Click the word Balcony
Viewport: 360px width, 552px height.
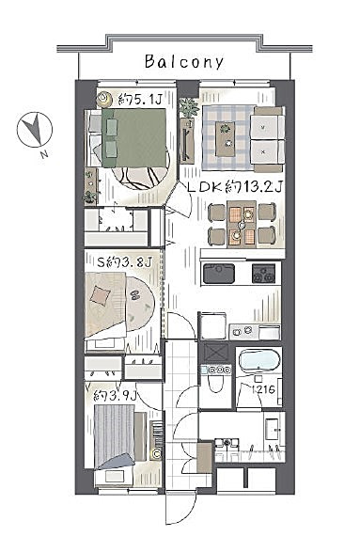[x=184, y=62]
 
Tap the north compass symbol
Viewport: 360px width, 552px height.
[x=35, y=131]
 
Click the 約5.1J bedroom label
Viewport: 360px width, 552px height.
[x=140, y=100]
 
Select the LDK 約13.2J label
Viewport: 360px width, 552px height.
[x=235, y=187]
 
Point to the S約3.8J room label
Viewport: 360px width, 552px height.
[x=124, y=262]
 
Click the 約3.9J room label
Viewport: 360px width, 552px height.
[x=115, y=396]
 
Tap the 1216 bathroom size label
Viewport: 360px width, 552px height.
[x=263, y=389]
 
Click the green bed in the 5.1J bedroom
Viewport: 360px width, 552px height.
[x=133, y=137]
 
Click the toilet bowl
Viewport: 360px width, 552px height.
[x=215, y=383]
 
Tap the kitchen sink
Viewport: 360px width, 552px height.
[x=219, y=274]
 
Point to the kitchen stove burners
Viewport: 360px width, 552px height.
[x=263, y=274]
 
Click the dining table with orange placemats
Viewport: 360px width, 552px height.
[x=242, y=224]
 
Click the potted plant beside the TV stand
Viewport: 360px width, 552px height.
[x=188, y=107]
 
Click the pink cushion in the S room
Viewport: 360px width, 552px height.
[x=101, y=295]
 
